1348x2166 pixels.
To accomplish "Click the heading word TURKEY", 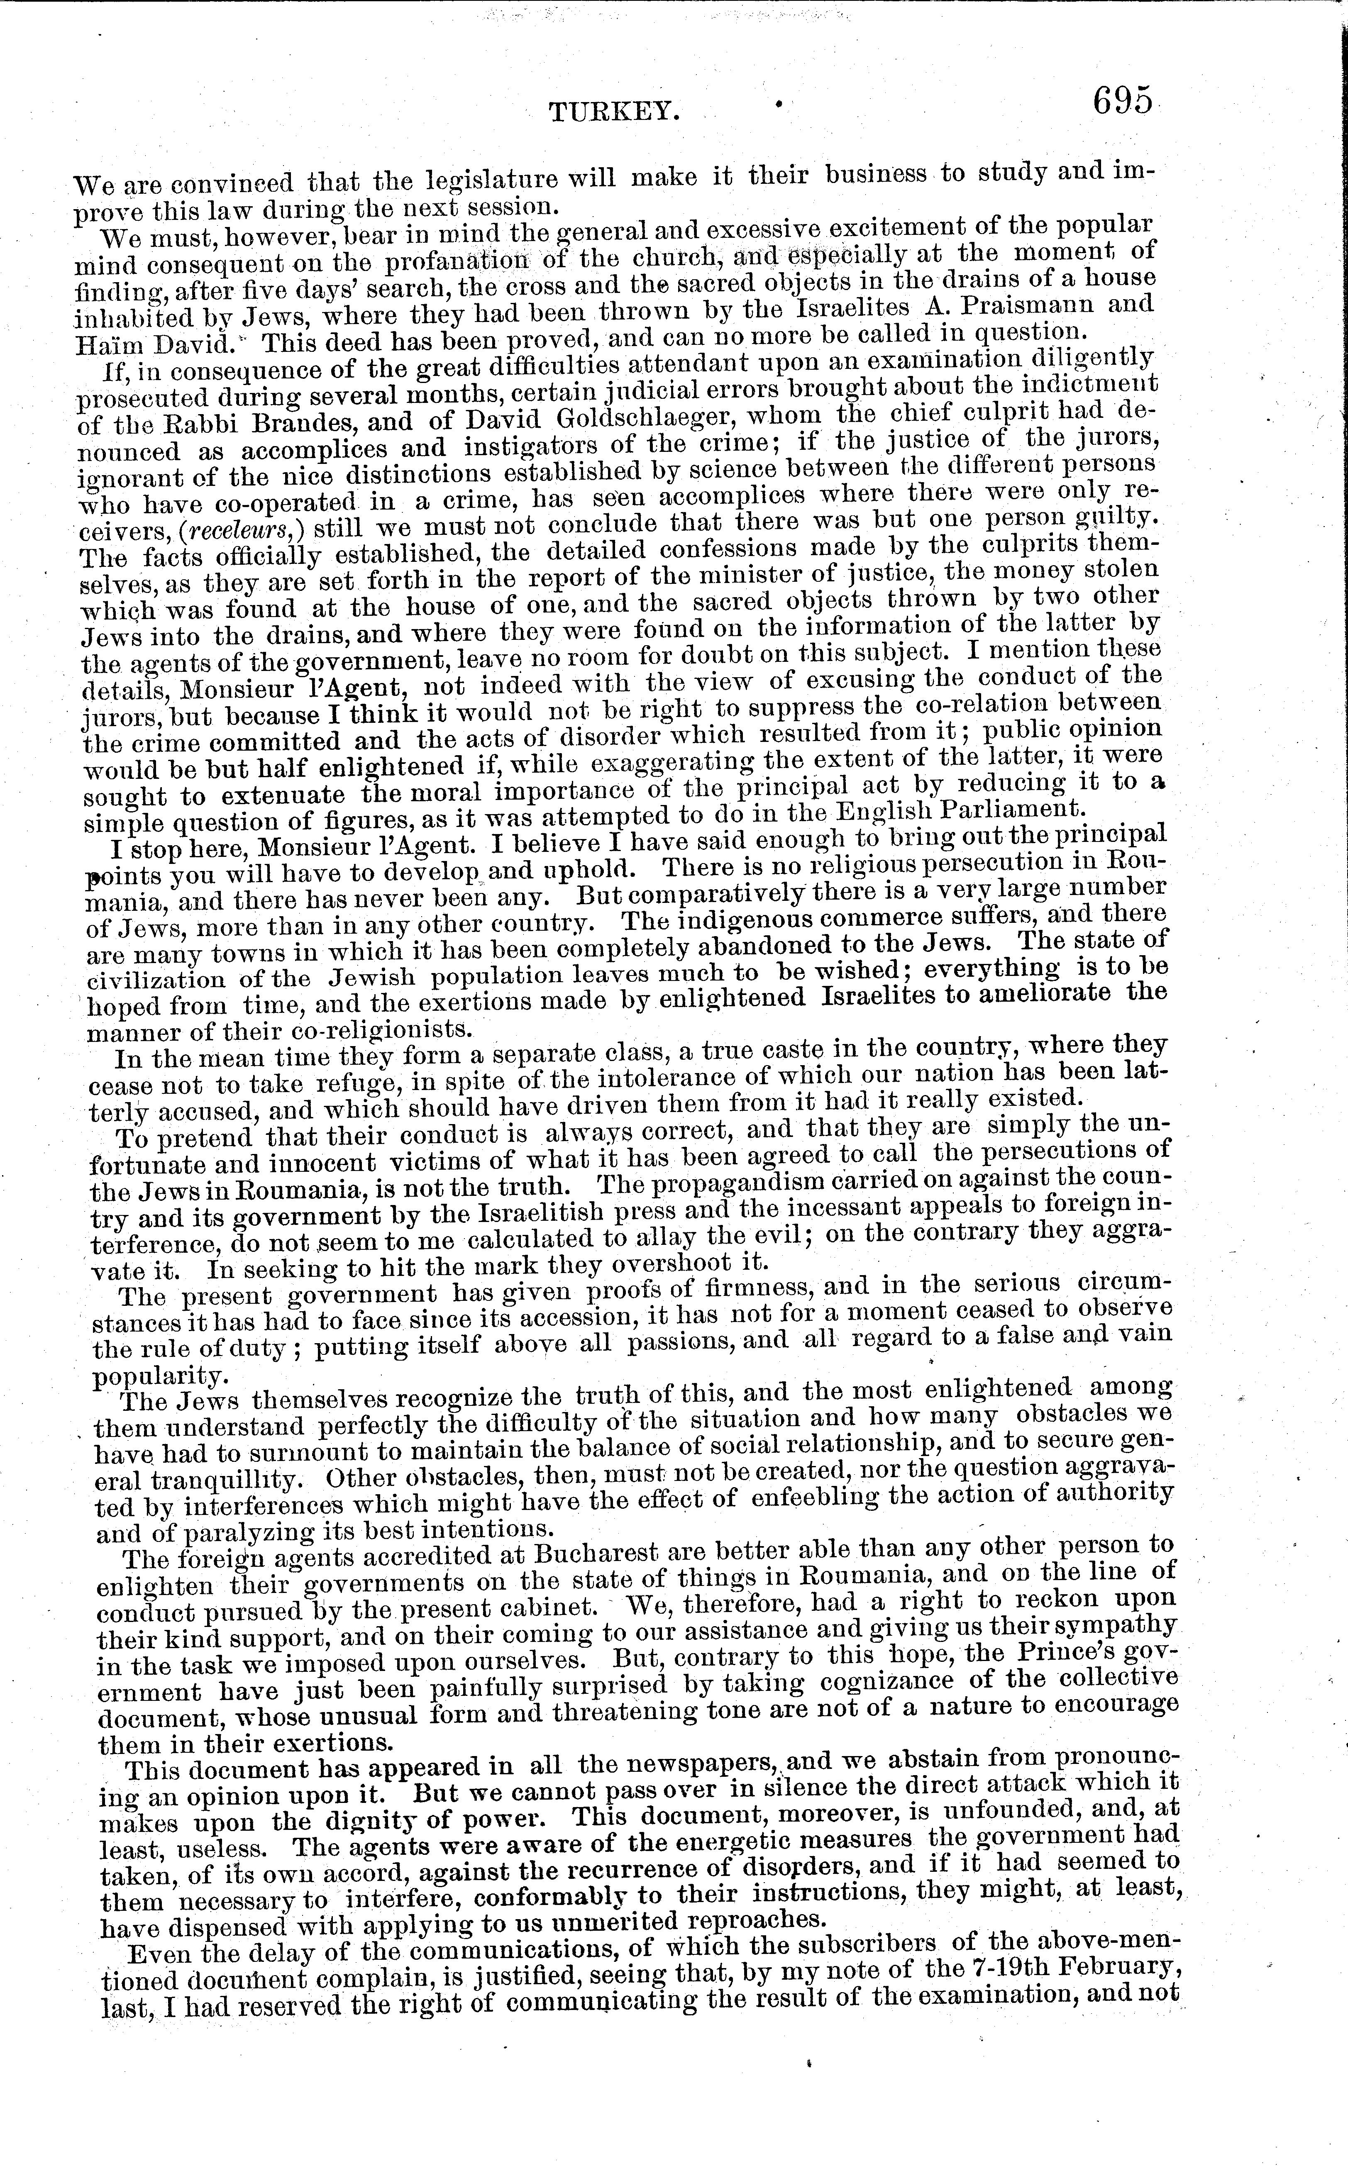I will pos(615,112).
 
